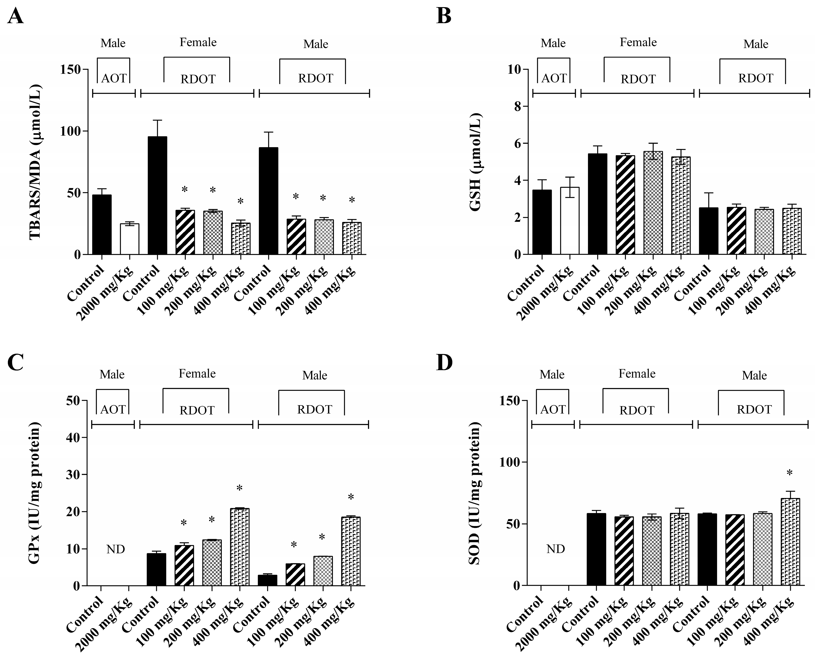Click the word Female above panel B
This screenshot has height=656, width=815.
[638, 42]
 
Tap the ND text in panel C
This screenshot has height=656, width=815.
[116, 549]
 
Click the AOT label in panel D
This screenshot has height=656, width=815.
[553, 410]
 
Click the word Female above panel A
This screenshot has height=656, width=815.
[198, 42]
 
